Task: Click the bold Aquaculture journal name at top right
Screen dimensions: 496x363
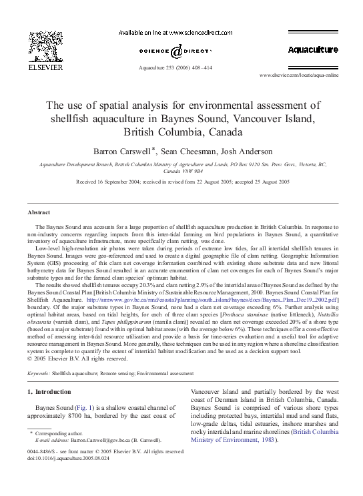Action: (313, 50)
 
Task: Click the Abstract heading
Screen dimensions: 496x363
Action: (38, 212)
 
